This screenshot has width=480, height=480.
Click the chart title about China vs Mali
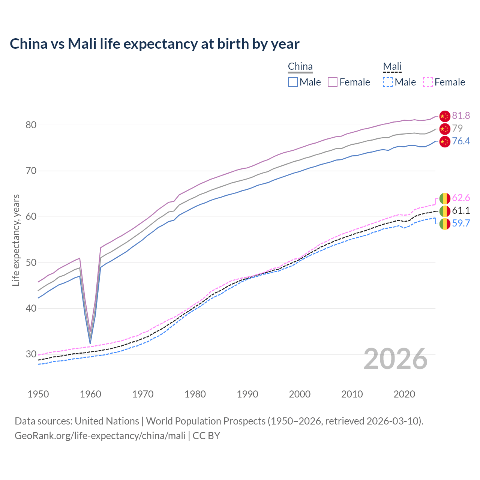coord(154,44)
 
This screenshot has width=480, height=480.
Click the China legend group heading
coord(300,67)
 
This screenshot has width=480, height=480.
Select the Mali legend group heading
coord(392,67)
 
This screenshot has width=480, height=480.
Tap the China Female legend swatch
coord(333,82)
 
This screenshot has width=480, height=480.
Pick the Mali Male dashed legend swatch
coord(388,82)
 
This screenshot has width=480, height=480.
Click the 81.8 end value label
coord(461,115)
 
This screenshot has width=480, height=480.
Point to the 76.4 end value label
coord(461,141)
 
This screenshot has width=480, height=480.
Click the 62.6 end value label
coord(461,198)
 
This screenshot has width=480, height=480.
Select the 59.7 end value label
coord(461,223)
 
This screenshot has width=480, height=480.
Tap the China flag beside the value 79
coord(445,129)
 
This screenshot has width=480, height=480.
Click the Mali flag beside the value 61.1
coord(445,211)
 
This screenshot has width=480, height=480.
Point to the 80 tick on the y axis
coord(31,125)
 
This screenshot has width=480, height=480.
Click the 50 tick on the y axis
coord(31,262)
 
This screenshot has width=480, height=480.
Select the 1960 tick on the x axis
coord(91,394)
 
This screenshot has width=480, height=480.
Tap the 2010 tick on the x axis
coord(352,394)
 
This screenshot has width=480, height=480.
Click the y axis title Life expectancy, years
coord(16,240)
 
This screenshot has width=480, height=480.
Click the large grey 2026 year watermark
coord(396,359)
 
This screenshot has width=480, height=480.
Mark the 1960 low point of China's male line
coord(90,343)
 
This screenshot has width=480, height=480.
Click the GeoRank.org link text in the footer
coord(100,436)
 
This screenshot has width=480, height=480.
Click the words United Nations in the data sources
coord(107,421)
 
